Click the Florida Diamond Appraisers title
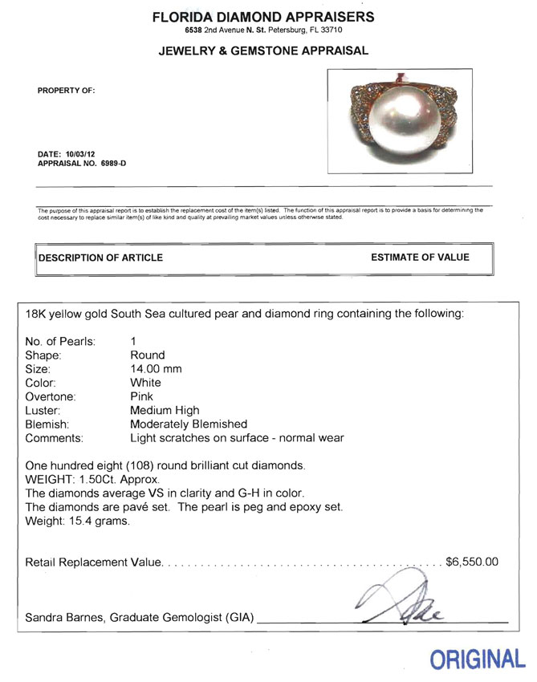tap(263, 17)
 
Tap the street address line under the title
tap(263, 30)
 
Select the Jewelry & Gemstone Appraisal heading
tap(263, 51)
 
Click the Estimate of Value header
tap(420, 258)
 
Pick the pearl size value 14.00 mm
tap(156, 369)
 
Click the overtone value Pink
tap(142, 396)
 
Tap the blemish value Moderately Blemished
tap(189, 424)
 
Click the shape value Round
tap(147, 355)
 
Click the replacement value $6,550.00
tap(472, 561)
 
